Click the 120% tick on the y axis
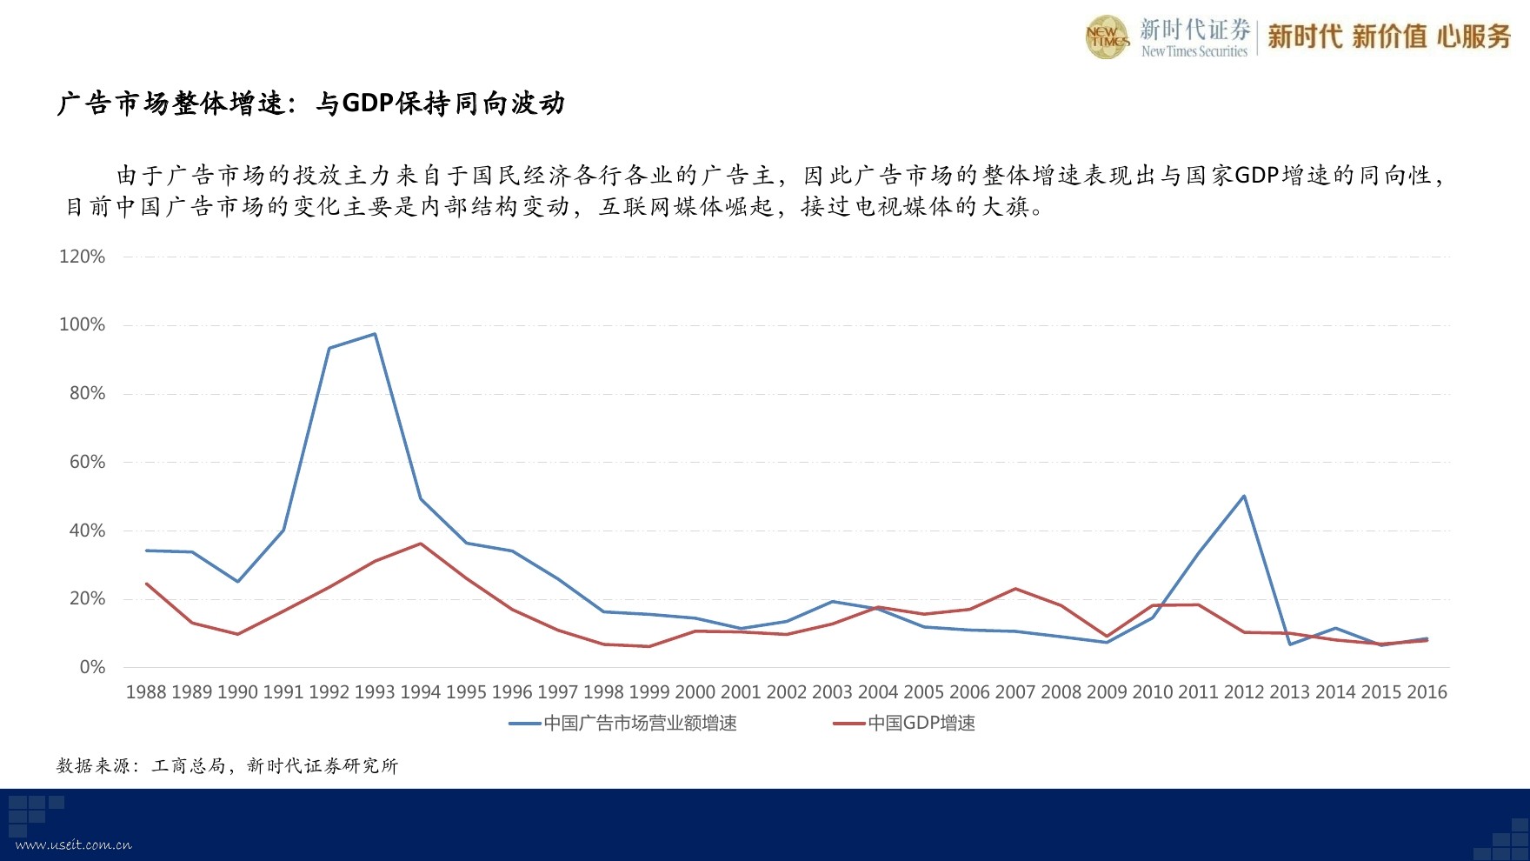click(82, 257)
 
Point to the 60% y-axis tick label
click(87, 462)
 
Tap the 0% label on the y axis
click(92, 667)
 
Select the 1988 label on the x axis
click(146, 692)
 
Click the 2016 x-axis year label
click(1427, 692)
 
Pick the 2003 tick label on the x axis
click(832, 692)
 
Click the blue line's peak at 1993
click(375, 334)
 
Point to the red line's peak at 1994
click(421, 544)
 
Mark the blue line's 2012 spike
click(1244, 496)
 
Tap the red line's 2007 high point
click(1015, 589)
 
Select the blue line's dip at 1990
click(237, 581)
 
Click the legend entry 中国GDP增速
click(904, 724)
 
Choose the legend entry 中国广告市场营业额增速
click(622, 724)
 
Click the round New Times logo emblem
click(1108, 37)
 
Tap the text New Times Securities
click(1194, 52)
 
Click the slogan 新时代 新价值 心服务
click(1389, 37)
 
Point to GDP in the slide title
click(369, 103)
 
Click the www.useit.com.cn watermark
click(74, 844)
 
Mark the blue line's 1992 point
click(329, 348)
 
